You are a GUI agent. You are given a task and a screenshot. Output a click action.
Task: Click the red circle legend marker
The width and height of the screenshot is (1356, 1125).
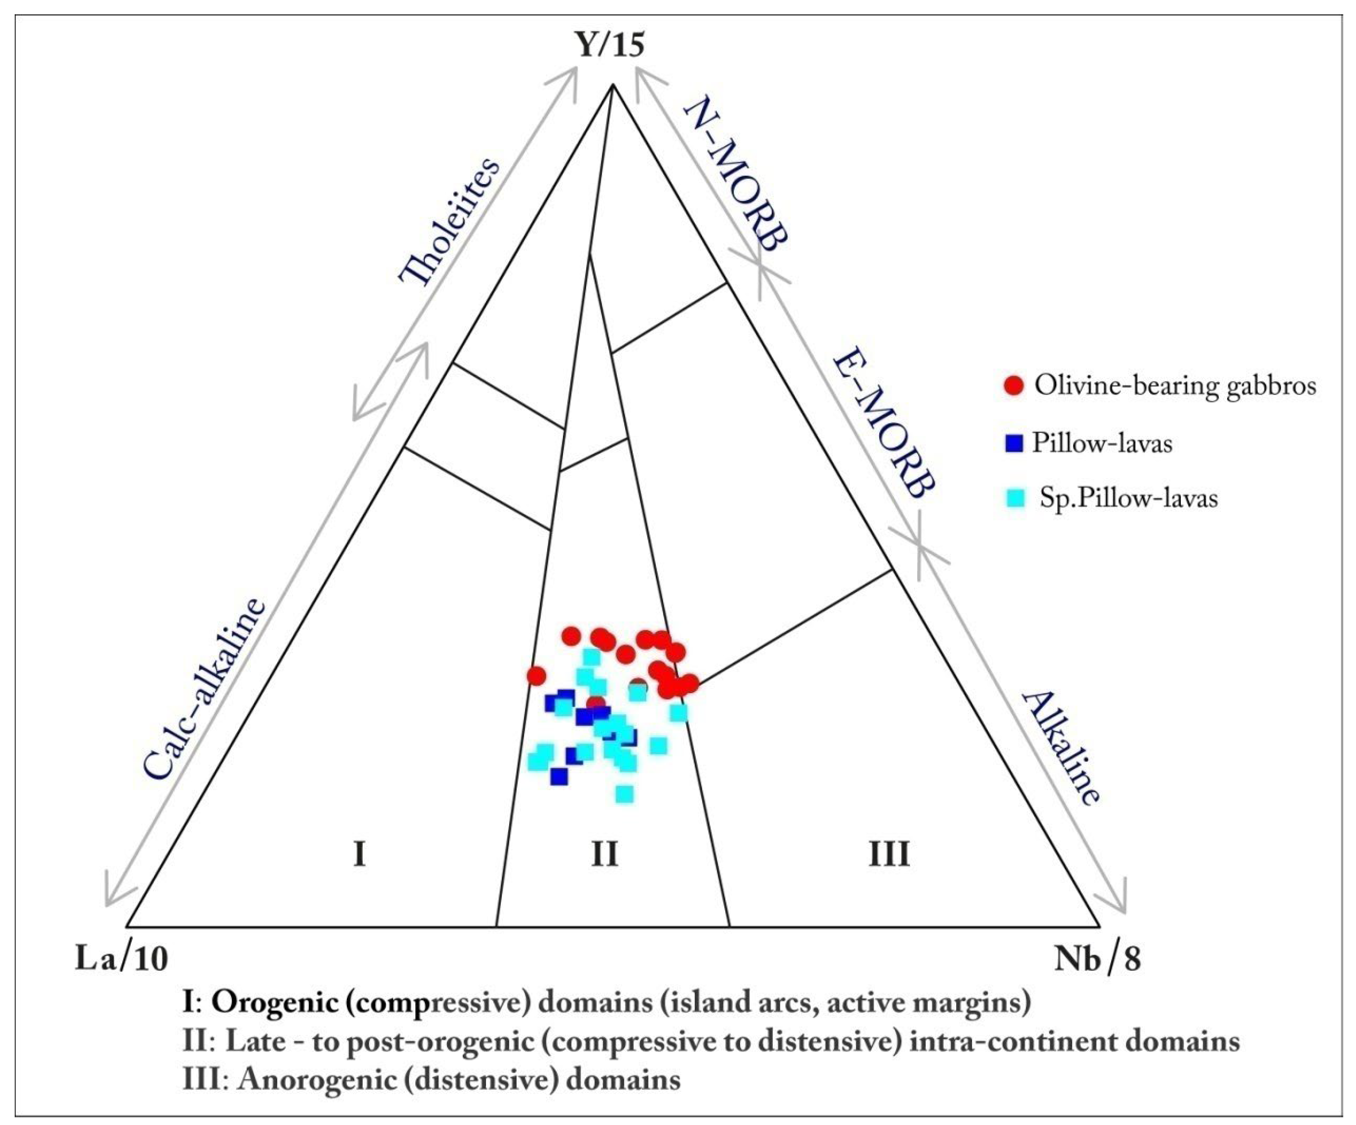[1015, 386]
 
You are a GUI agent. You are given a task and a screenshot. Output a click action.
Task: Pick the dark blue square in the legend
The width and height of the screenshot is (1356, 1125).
[1015, 443]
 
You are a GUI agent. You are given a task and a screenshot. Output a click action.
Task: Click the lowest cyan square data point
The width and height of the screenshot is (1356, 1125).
[624, 794]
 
